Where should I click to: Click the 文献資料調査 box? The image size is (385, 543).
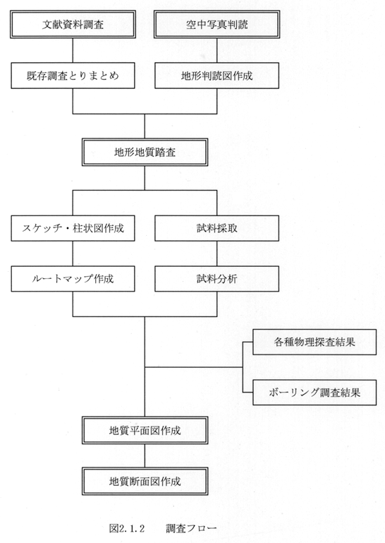(x=73, y=24)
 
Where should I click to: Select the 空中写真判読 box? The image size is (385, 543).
(x=217, y=24)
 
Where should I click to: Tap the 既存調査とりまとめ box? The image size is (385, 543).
(x=73, y=76)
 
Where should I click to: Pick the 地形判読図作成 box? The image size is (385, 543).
(x=217, y=76)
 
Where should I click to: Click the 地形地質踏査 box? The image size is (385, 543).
(x=145, y=152)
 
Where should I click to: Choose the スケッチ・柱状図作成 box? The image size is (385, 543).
(x=73, y=228)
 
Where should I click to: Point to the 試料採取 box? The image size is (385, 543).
(x=217, y=228)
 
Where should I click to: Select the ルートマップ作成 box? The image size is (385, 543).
(x=73, y=279)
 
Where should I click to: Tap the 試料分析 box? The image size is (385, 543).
(x=217, y=279)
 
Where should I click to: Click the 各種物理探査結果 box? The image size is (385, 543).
(x=314, y=342)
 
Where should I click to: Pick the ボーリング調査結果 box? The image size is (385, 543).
(x=314, y=393)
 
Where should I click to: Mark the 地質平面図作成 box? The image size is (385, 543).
(x=145, y=431)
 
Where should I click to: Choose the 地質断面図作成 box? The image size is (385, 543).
(x=145, y=482)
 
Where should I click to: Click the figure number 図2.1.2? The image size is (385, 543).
(x=127, y=528)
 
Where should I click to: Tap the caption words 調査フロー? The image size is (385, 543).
(x=191, y=528)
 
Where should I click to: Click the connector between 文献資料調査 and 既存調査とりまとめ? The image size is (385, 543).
(x=73, y=50)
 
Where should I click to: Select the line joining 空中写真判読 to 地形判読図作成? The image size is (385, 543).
(x=217, y=50)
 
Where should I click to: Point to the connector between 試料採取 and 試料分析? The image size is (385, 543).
(x=217, y=253)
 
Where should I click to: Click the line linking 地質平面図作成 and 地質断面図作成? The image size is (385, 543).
(x=145, y=455)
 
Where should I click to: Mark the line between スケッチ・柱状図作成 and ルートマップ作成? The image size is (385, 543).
(x=73, y=253)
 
